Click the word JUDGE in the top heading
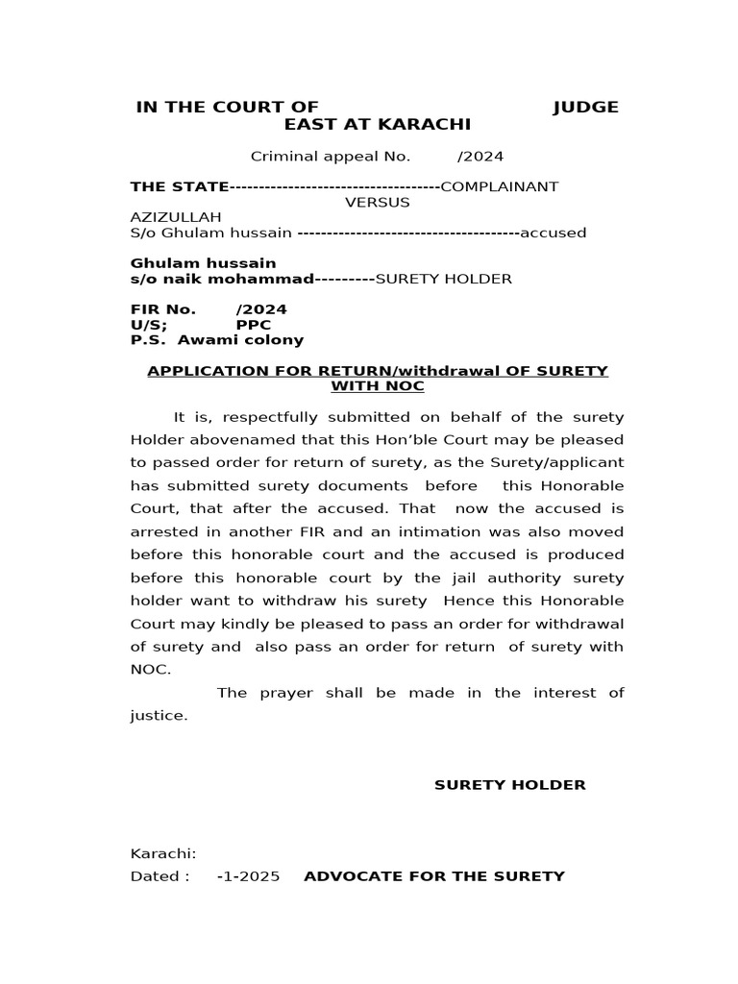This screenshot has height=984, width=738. point(585,107)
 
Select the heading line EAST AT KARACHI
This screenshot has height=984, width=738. point(377,125)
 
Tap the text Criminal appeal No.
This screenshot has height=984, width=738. point(331,157)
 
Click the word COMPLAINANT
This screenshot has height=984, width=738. point(499,186)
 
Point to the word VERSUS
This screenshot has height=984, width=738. point(377,202)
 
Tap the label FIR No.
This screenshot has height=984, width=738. point(163,309)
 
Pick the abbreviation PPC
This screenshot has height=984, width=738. point(254,325)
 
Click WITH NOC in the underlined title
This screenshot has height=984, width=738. point(377,386)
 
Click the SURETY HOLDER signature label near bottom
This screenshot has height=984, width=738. point(509,785)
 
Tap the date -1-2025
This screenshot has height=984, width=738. point(249,876)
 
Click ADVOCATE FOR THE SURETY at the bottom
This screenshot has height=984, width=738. point(434,876)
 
